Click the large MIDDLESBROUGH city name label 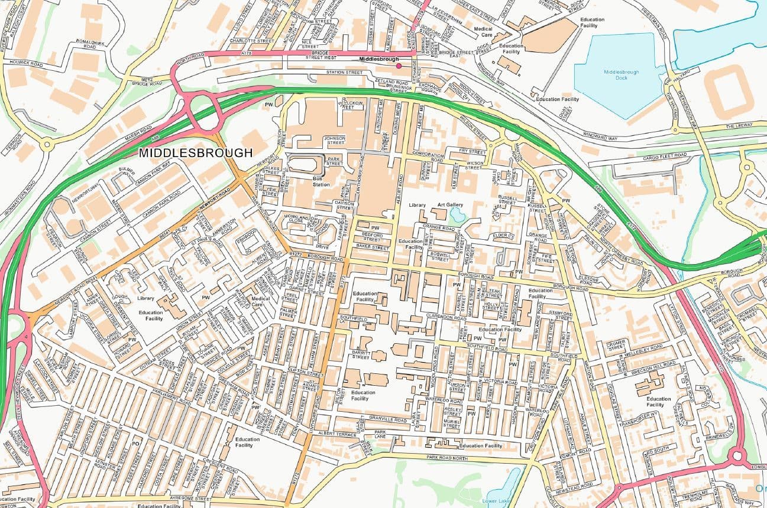click(195, 153)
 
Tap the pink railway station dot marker click(399, 66)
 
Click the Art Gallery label click(450, 205)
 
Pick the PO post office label click(135, 442)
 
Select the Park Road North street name click(449, 458)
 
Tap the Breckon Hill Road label click(651, 368)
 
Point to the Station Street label click(345, 73)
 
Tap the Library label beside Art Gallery click(418, 205)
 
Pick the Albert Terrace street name click(337, 434)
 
